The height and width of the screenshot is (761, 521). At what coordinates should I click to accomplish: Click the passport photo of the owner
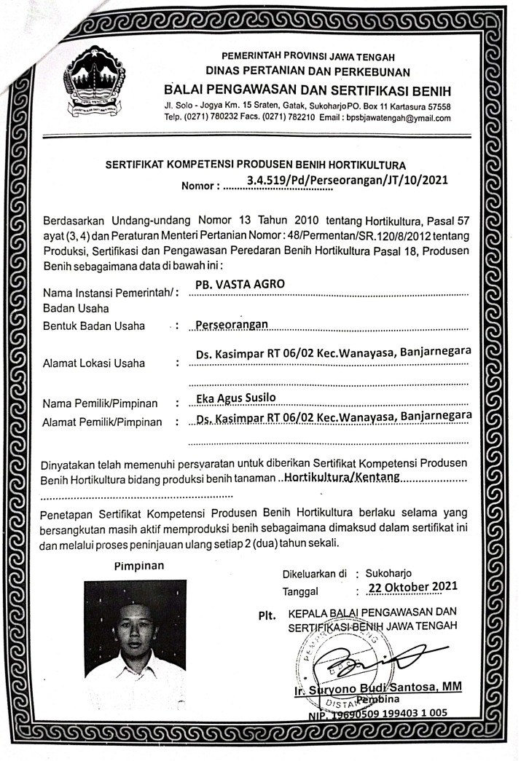click(135, 634)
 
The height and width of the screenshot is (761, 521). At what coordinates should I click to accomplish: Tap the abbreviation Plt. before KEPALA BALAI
click(267, 615)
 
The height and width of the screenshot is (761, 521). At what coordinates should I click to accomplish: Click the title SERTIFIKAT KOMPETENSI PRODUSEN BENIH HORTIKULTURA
click(255, 165)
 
